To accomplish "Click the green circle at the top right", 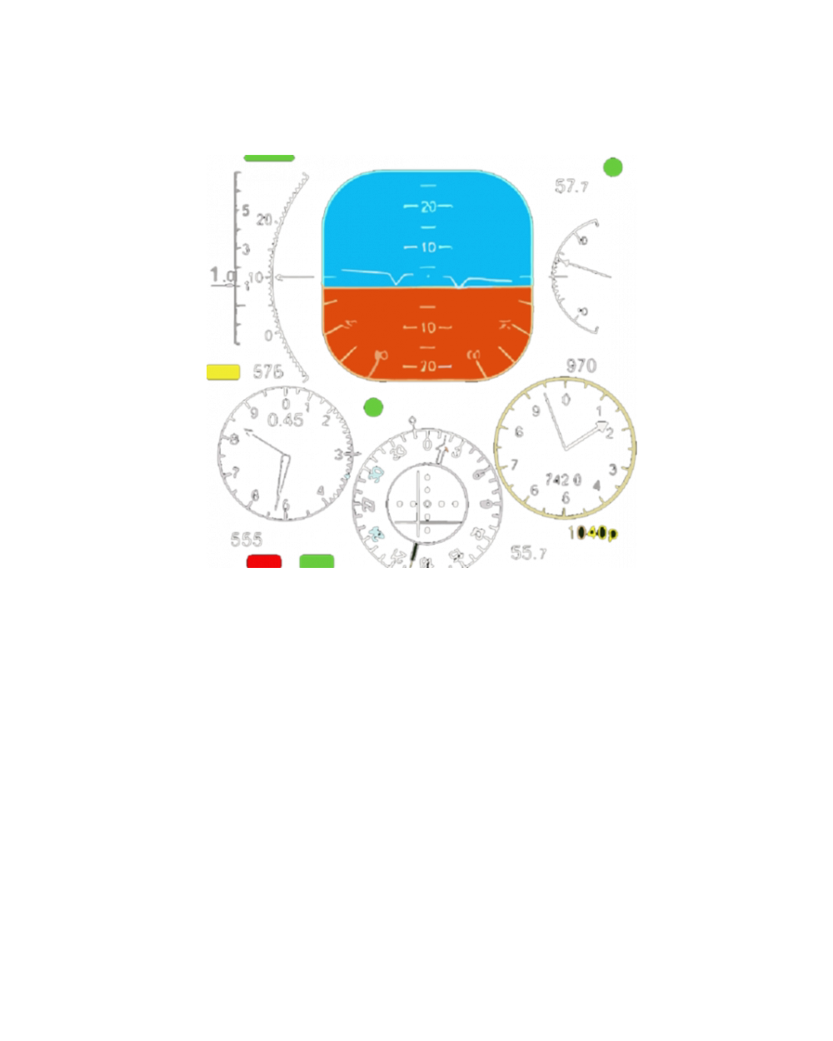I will click(x=613, y=167).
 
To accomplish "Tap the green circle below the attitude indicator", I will click(x=374, y=407).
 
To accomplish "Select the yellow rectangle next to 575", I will click(x=223, y=371).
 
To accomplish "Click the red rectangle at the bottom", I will click(x=264, y=561).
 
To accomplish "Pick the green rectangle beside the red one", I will click(x=317, y=560).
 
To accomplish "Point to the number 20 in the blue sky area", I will click(x=428, y=206).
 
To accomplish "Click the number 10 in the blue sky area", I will click(x=428, y=247).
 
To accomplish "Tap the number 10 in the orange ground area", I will click(x=428, y=327).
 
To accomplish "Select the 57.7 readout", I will click(x=571, y=187).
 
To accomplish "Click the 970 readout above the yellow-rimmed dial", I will click(x=581, y=366).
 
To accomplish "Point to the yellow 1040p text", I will click(x=593, y=532).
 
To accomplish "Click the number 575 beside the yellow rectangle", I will click(x=268, y=371).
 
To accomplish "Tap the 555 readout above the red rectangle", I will click(x=247, y=539).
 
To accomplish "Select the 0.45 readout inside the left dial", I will click(x=285, y=419).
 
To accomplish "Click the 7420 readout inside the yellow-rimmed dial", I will click(x=564, y=481).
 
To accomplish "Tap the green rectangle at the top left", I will click(x=270, y=158).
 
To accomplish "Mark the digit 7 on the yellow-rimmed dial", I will click(x=515, y=463).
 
